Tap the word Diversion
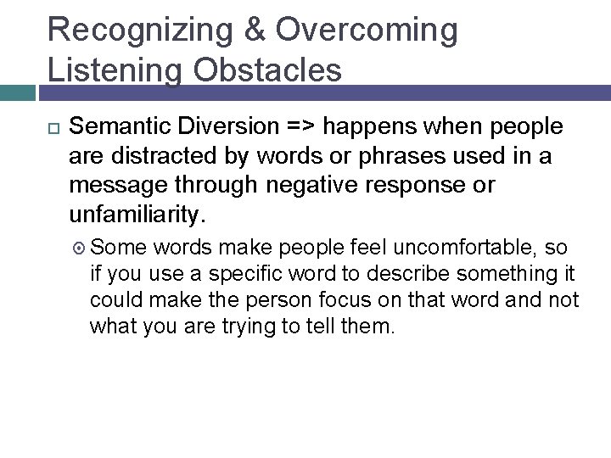232,127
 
